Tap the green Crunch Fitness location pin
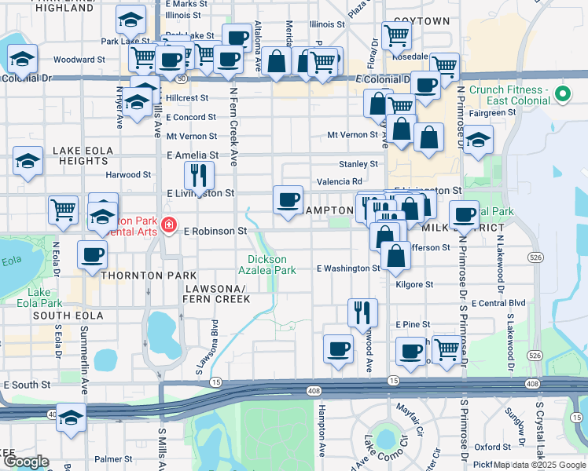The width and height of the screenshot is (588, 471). (x=562, y=95)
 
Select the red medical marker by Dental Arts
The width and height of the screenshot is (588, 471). (x=168, y=227)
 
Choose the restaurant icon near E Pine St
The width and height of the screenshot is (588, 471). (x=362, y=312)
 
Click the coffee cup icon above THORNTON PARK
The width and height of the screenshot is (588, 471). (x=93, y=254)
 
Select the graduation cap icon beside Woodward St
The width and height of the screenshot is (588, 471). (x=23, y=59)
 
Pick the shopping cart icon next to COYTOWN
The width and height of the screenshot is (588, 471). (x=397, y=35)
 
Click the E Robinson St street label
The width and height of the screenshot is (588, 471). (x=215, y=232)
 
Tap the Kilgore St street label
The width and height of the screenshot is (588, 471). (x=414, y=285)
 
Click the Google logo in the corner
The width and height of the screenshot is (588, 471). (x=25, y=462)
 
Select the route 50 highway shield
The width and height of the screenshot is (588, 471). (x=182, y=78)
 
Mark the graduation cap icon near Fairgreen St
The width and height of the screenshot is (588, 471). (x=478, y=141)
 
